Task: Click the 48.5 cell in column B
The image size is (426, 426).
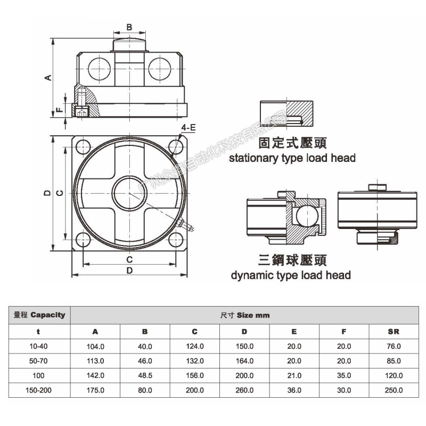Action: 145,375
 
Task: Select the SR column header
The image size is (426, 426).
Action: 394,331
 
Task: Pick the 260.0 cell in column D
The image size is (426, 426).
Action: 244,390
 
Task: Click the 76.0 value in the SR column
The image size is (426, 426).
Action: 394,346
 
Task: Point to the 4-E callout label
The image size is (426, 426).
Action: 189,128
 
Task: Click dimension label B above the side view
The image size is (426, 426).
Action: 129,27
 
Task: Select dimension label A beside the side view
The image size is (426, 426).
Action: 47,77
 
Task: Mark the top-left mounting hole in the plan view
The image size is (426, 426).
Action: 83,146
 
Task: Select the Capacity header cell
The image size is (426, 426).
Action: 40,315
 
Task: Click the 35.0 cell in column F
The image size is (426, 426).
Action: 344,375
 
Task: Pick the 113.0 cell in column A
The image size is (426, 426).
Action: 95,361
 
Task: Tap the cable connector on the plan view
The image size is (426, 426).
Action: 186,225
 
